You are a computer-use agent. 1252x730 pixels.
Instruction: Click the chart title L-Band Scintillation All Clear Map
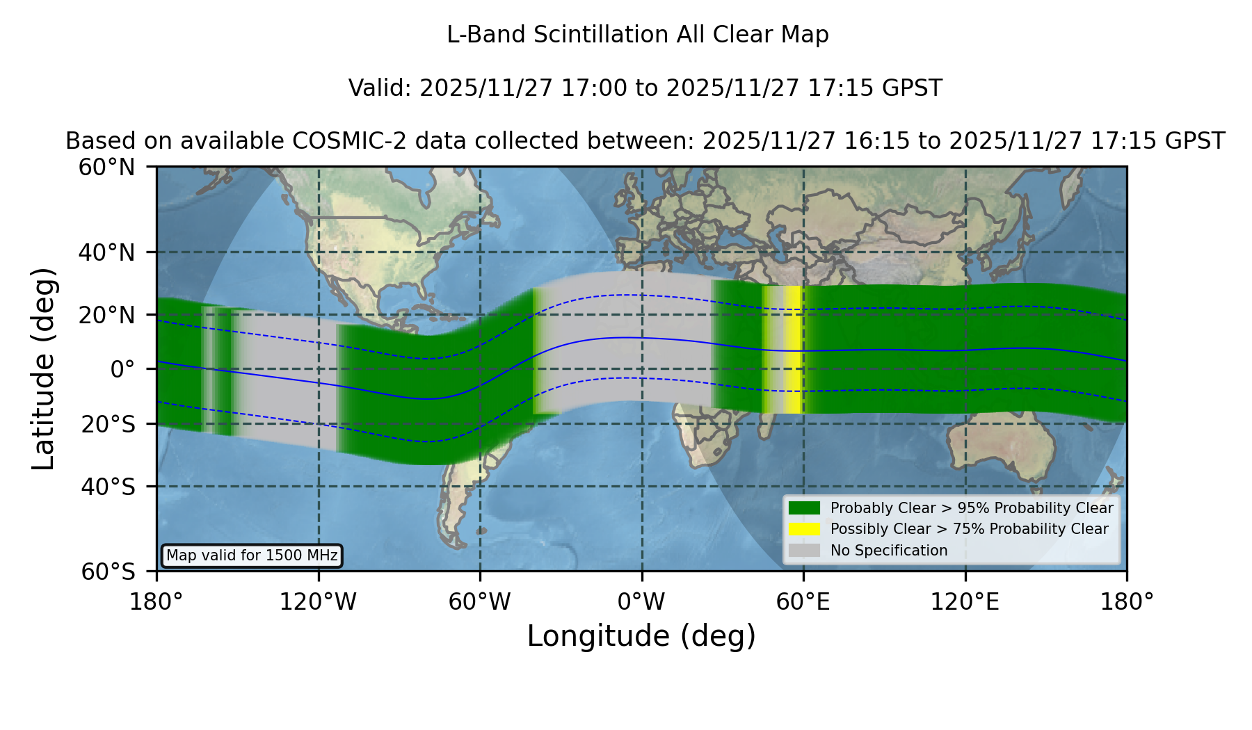(x=638, y=34)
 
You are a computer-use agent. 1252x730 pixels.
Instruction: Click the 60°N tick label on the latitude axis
(x=106, y=167)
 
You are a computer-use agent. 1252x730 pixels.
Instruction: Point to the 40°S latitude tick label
(x=108, y=487)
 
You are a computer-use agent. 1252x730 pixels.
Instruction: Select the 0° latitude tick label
(x=122, y=369)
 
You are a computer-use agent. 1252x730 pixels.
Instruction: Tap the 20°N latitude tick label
(x=106, y=315)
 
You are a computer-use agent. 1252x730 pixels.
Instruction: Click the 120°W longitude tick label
(x=318, y=601)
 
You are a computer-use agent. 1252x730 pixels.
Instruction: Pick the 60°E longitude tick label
(x=803, y=601)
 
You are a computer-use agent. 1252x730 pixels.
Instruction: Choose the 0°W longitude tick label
(x=642, y=601)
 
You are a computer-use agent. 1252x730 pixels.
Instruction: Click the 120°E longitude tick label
(x=965, y=601)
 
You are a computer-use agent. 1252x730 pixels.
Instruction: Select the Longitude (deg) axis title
(x=641, y=636)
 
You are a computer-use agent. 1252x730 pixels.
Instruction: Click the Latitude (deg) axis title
(x=43, y=368)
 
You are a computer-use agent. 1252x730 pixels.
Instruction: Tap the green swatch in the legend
(x=805, y=508)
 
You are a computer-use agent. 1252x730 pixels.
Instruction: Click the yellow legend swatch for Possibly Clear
(x=805, y=529)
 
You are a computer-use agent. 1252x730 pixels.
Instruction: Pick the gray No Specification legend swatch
(x=805, y=551)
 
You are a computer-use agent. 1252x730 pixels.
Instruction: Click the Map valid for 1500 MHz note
(x=252, y=555)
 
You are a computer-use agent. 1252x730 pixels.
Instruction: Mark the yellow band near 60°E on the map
(x=794, y=350)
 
